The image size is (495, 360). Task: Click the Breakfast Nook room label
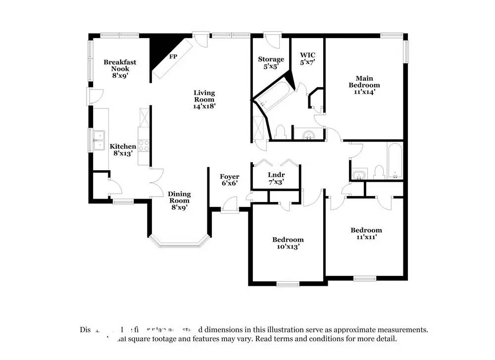120,69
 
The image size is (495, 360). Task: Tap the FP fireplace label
173,56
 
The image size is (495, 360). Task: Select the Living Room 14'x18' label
204,99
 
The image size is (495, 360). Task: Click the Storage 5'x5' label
271,62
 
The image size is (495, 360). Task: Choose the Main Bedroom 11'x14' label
364,85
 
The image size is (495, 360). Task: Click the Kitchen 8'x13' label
123,150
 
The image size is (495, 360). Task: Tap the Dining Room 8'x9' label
179,201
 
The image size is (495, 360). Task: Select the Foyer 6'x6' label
230,180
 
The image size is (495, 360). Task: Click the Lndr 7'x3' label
276,178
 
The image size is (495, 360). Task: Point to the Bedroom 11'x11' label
366,233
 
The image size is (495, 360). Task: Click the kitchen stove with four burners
144,145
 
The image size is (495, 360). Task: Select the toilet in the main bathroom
280,132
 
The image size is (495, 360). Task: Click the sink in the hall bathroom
359,174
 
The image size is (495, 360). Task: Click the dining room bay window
179,242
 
